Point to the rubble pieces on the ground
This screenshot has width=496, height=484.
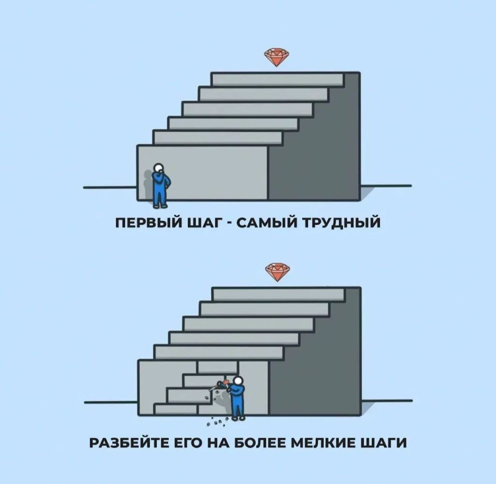(x=216, y=421)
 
